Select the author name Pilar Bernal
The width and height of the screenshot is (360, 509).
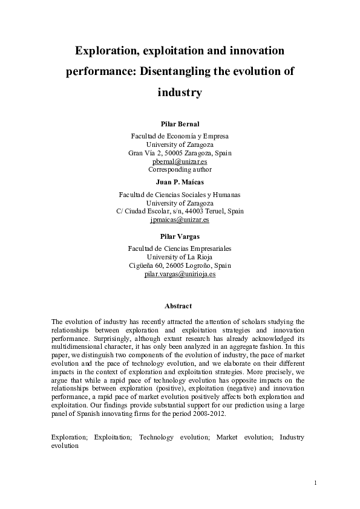(180, 124)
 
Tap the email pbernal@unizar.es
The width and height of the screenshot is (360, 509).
(180, 161)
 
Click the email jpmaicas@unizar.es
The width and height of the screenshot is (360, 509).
(180, 220)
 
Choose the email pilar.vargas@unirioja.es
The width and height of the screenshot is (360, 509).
(180, 274)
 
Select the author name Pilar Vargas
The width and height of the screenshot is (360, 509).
(180, 236)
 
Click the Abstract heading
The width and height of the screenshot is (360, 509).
(180, 306)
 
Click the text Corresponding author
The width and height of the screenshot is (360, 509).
(180, 170)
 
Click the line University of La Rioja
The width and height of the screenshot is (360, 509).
(180, 257)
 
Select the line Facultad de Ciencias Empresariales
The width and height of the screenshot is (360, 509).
(180, 248)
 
